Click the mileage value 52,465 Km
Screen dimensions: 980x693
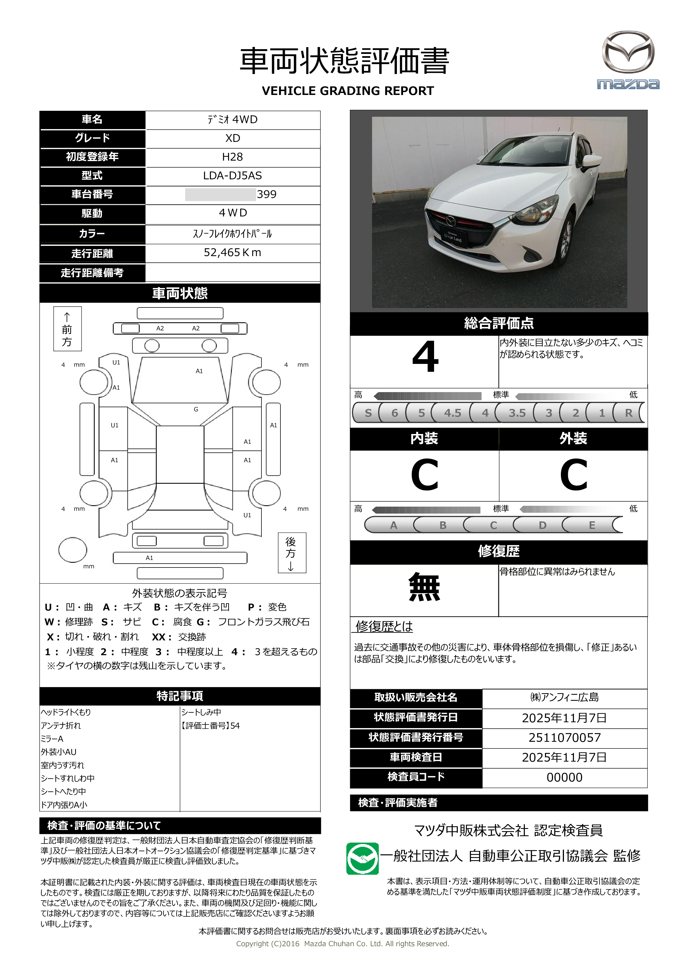232,253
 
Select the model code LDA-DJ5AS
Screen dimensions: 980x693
232,175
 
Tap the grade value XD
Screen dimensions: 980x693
232,138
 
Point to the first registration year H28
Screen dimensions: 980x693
232,157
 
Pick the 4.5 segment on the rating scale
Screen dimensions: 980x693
453,413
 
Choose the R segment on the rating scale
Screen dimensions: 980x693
628,413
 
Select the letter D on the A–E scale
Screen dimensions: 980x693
542,525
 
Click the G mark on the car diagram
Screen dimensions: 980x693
196,409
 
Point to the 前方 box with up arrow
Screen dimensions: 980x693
67,329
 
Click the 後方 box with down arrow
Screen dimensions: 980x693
291,553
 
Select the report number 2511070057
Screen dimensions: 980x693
565,738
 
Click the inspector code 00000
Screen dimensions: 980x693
565,777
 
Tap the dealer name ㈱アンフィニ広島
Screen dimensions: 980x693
565,697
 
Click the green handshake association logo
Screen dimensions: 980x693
362,858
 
